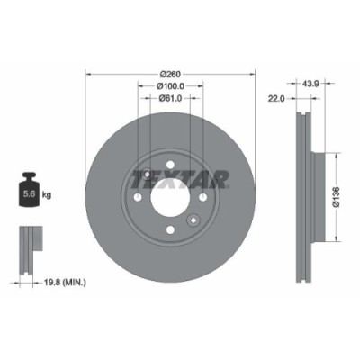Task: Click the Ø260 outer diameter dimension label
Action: (x=170, y=73)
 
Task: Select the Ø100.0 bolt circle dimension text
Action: (x=170, y=86)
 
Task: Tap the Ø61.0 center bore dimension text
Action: (x=170, y=99)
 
